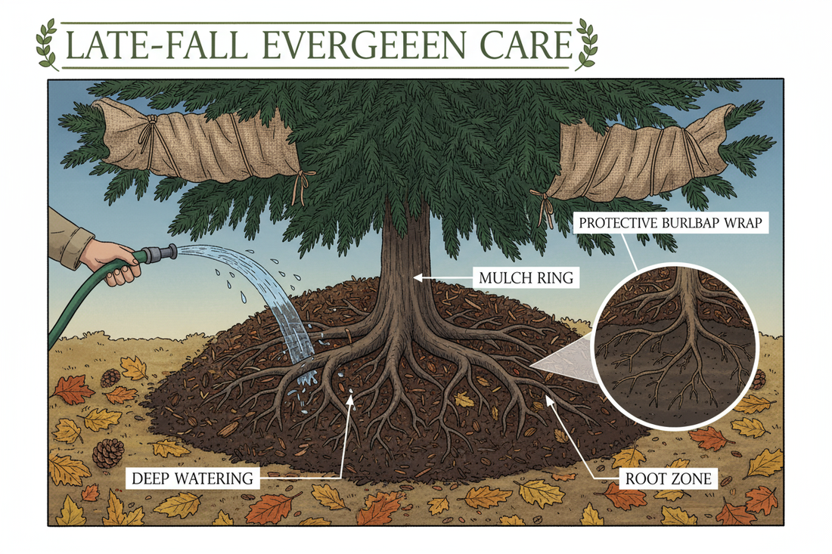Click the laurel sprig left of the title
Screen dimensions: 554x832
click(x=48, y=44)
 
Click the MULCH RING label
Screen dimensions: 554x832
click(x=526, y=278)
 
